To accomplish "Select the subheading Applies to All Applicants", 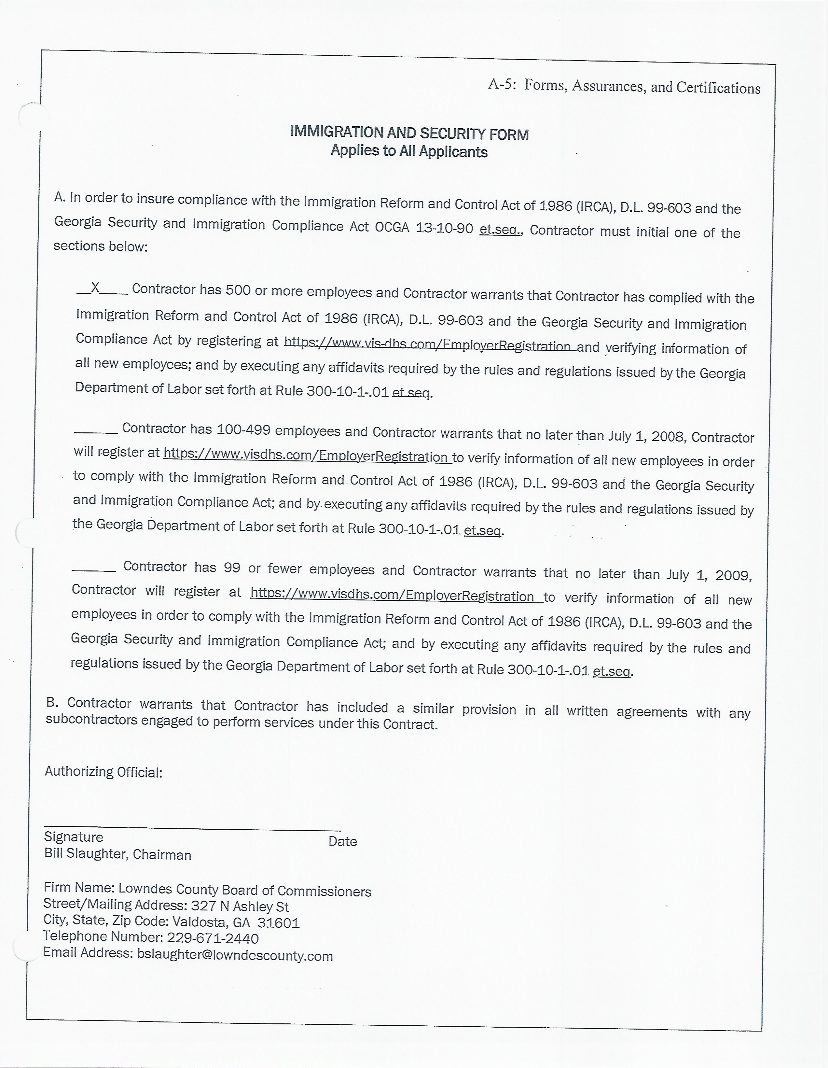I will (409, 151).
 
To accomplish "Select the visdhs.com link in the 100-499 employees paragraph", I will (307, 456).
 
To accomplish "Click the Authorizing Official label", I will (103, 772).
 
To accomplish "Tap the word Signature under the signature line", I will (73, 837).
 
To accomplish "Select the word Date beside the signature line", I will (343, 841).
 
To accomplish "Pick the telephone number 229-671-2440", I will (213, 938).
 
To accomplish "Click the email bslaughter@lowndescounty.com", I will (235, 956).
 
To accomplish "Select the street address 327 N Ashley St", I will (240, 906).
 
